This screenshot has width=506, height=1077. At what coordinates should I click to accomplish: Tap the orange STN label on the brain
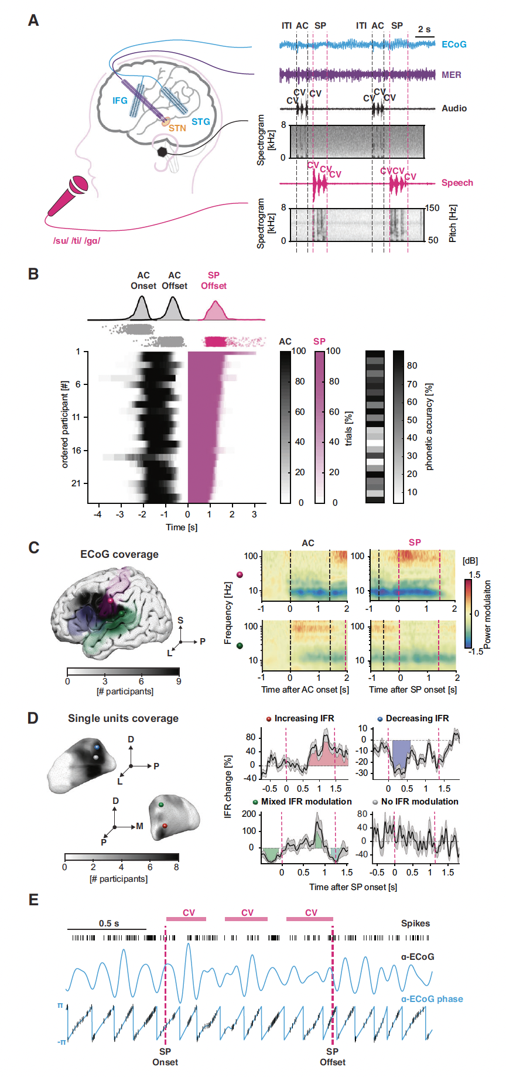point(177,128)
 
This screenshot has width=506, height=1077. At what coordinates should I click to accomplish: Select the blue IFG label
point(120,101)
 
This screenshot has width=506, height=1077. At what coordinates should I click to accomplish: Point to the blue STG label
point(200,122)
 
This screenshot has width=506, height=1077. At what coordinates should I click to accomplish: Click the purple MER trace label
point(451,75)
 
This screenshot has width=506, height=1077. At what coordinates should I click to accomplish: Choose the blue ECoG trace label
point(454,45)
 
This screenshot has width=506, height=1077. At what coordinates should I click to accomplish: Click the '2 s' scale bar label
point(424,29)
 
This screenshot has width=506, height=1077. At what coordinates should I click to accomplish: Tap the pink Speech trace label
point(457,183)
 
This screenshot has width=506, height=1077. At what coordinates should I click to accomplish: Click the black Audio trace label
point(454,108)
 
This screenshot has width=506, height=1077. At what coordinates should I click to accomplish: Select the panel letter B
point(33,274)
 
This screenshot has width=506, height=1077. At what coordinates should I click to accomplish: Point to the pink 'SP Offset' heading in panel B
point(214,281)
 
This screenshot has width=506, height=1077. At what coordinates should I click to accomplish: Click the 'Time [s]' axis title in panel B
point(182,527)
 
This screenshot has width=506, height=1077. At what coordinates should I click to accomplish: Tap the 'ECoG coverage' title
point(119,554)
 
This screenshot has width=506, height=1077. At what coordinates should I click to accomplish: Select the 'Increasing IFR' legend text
point(304,718)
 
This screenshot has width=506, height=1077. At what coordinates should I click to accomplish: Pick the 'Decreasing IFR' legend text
point(417,718)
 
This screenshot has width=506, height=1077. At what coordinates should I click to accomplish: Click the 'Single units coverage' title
point(123,718)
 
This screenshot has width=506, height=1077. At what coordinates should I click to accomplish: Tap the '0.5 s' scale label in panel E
point(109,923)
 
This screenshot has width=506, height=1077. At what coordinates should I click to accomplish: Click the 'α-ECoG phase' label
point(432,999)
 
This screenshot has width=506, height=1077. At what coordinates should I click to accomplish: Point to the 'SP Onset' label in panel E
point(165,1057)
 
